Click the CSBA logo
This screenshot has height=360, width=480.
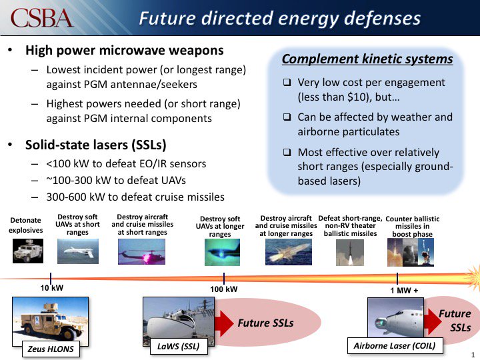[42, 18]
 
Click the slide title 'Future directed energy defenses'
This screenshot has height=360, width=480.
[279, 18]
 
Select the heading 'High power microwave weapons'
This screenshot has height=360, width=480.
[124, 51]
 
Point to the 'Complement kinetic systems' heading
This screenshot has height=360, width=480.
[367, 59]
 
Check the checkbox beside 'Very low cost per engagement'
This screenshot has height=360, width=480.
[287, 83]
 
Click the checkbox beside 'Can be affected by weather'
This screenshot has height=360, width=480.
[287, 117]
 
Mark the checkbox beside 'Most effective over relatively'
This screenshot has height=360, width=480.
[287, 152]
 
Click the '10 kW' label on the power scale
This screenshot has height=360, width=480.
[51, 289]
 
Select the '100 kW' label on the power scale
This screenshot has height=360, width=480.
[224, 289]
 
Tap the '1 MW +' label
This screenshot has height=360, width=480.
[398, 289]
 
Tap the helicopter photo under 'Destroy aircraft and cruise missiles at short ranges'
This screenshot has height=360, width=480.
[137, 253]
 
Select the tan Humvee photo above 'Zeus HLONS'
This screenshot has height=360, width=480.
[51, 318]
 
